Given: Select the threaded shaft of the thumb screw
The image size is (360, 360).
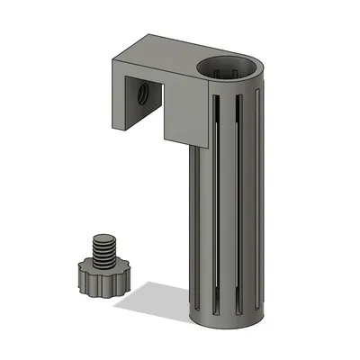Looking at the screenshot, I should (105, 250).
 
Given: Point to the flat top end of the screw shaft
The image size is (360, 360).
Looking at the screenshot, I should (105, 237).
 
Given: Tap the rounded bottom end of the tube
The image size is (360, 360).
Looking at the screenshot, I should (229, 324).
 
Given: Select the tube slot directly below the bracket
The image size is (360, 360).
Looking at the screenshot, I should (200, 225).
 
